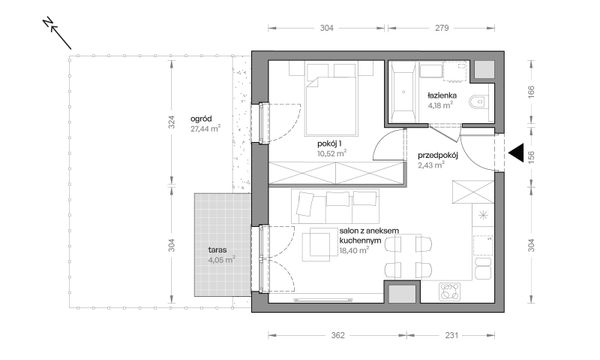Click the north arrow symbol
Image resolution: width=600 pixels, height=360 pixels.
[57, 34]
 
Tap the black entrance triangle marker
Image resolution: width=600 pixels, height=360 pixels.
[516, 153]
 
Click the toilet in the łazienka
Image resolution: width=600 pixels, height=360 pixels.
[479, 102]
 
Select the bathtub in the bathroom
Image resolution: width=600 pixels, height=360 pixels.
[403, 92]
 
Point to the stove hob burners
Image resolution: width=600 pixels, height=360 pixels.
[450, 291]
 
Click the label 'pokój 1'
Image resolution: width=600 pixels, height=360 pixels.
[329, 144]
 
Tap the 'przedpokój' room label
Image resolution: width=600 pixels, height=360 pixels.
[438, 155]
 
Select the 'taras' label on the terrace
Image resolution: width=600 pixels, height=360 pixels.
[217, 250]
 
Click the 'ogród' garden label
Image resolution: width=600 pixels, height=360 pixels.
[201, 119]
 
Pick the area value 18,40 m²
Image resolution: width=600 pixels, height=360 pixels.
[354, 251]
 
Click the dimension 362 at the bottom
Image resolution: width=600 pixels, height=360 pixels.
[338, 336]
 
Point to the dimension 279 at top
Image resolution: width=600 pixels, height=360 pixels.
[442, 28]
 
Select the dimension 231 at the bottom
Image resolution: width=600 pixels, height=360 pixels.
[452, 336]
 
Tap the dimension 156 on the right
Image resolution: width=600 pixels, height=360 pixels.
[531, 155]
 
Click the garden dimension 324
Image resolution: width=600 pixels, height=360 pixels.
[171, 122]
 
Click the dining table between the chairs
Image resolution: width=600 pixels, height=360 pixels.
[409, 256]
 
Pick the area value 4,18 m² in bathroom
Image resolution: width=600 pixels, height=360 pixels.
[440, 105]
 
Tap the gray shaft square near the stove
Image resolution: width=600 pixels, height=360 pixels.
[402, 293]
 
